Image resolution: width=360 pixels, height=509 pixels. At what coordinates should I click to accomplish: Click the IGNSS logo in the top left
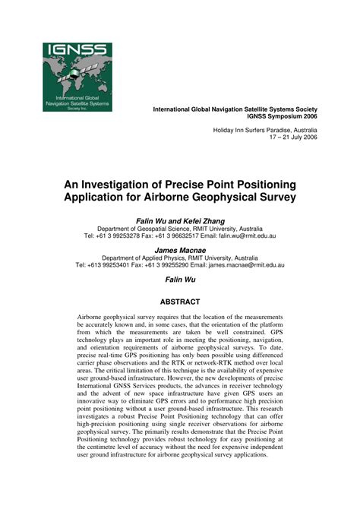pos(77,76)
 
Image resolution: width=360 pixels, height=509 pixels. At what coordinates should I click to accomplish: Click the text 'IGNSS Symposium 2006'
pos(280,117)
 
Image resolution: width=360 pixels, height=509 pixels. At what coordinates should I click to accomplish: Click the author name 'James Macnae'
pos(180,249)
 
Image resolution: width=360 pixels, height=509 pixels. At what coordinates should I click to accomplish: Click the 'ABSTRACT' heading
pos(180,302)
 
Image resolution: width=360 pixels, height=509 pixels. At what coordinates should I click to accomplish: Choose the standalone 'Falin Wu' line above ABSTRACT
pos(180,280)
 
